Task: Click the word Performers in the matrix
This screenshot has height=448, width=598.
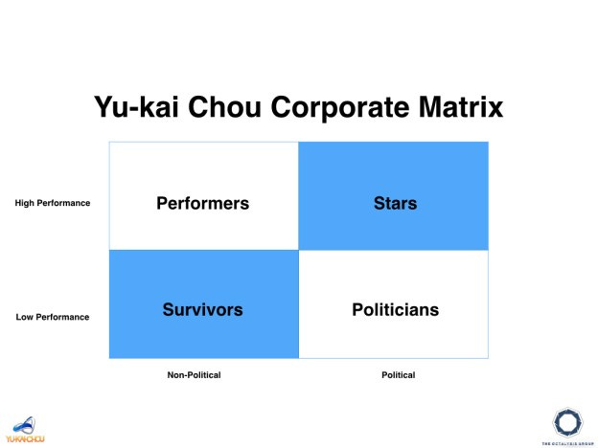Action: click(x=202, y=203)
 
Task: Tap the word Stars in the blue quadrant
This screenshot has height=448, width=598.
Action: click(x=395, y=203)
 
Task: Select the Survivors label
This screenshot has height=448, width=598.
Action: click(x=202, y=309)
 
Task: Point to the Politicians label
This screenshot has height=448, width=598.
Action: click(x=395, y=309)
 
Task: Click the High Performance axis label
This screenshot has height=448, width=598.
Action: click(x=53, y=203)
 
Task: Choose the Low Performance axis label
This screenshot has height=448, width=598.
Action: click(x=53, y=317)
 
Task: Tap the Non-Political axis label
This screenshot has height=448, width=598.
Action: click(x=194, y=375)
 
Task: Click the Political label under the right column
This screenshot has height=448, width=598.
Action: click(x=398, y=375)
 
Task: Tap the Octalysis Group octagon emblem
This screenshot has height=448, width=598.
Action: click(x=567, y=421)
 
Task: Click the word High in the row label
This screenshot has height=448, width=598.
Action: click(x=25, y=203)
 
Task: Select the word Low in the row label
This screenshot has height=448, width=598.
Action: click(x=25, y=317)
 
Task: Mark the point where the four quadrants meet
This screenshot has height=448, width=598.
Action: click(x=299, y=250)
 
